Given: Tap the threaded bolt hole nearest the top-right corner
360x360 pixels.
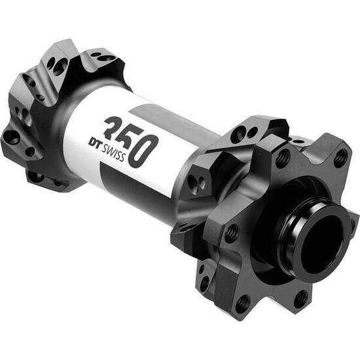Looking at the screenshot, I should (340, 156).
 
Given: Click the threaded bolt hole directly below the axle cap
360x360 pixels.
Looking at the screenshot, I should (300, 300).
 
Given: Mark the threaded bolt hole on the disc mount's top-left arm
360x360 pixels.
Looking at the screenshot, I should (283, 157).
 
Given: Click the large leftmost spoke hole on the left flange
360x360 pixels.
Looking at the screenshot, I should (12, 136).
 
